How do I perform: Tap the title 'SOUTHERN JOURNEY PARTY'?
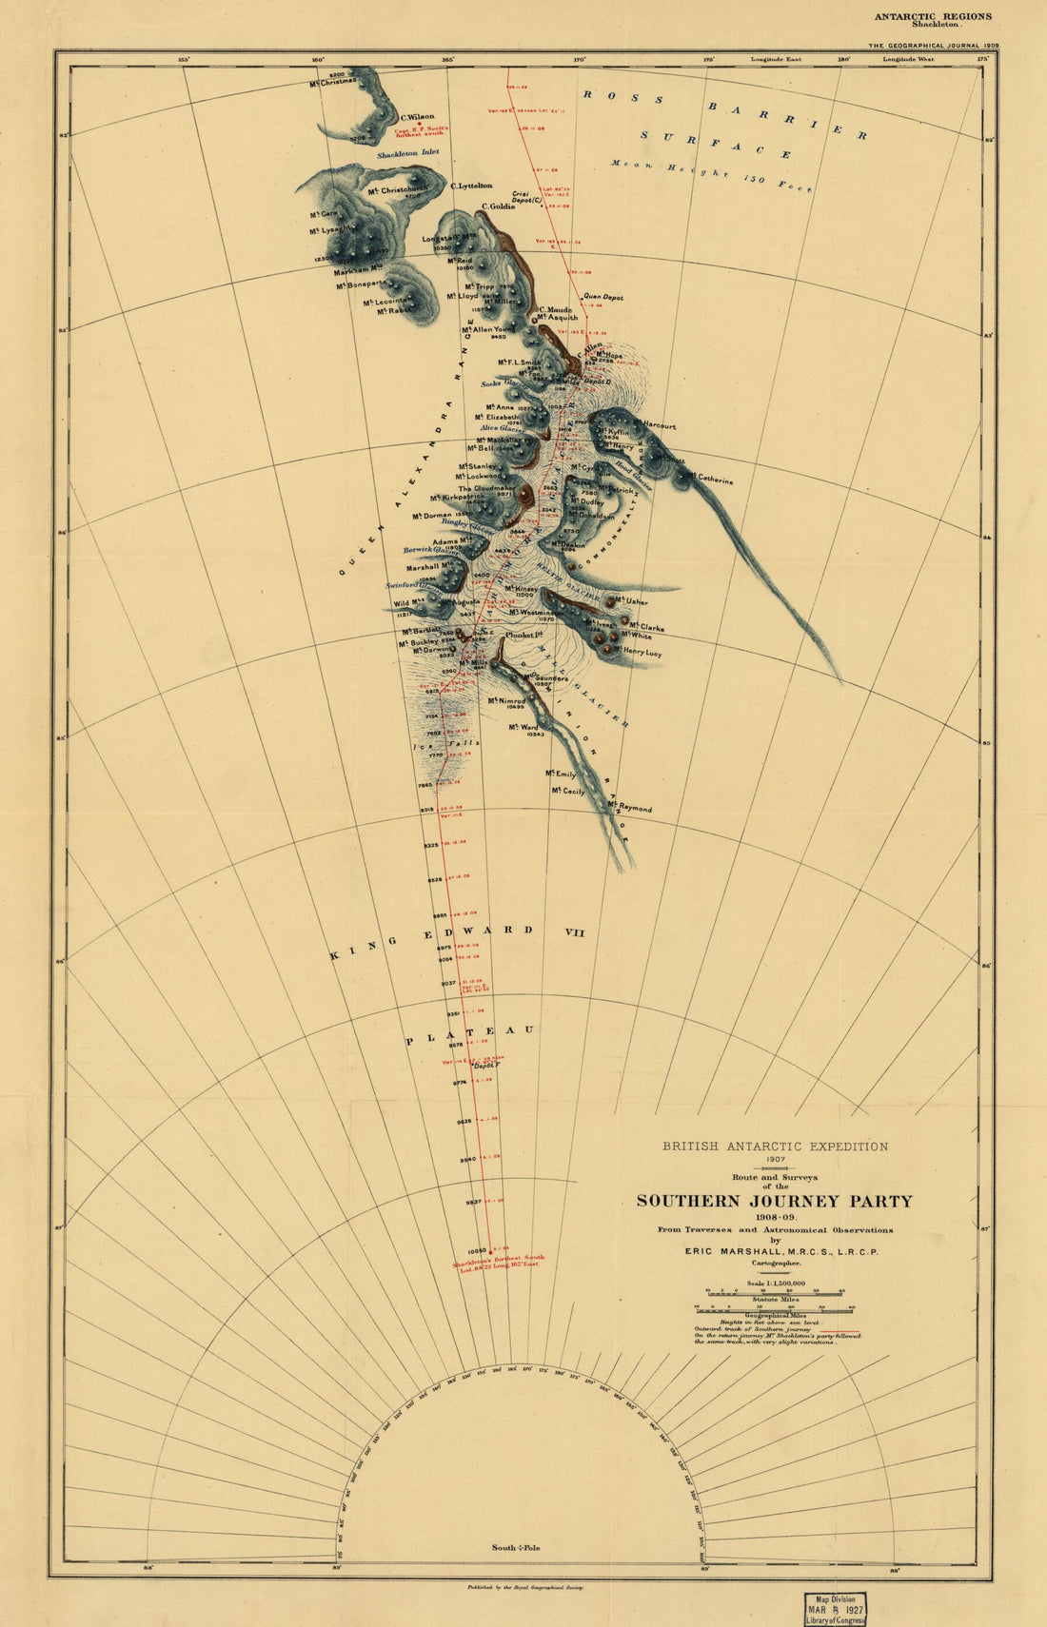[774, 1201]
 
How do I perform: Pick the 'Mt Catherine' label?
[712, 479]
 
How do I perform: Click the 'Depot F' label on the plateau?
[485, 1066]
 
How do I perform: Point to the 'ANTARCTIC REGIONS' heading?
[933, 16]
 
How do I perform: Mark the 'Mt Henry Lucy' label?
[638, 653]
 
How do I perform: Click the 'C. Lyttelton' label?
[471, 186]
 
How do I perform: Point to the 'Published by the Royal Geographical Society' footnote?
[525, 1588]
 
